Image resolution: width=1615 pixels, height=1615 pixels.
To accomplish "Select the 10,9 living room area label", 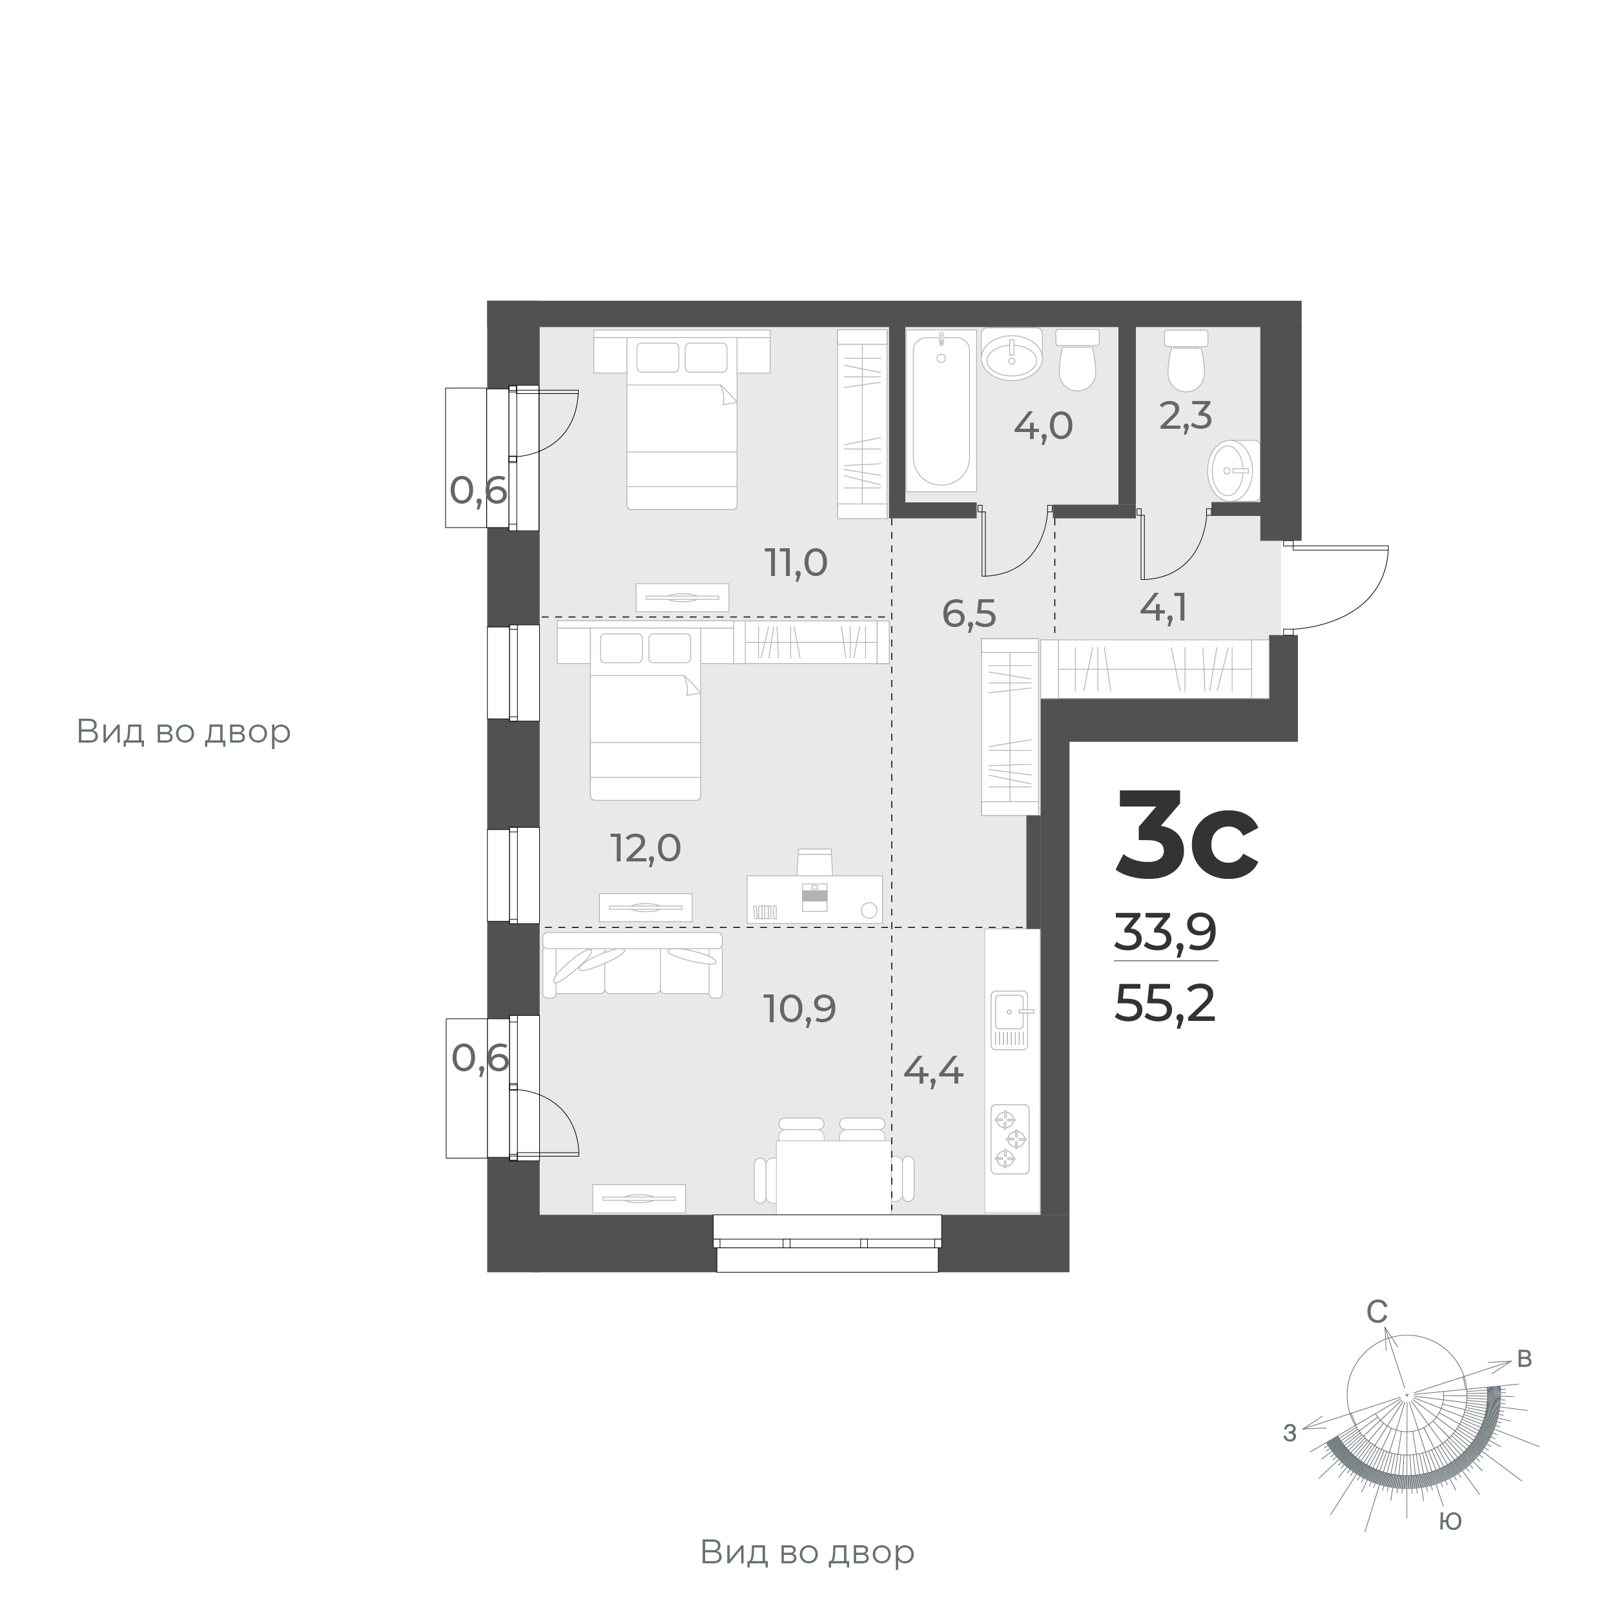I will pyautogui.click(x=799, y=1009).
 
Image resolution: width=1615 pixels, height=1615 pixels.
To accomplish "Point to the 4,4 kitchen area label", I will pyautogui.click(x=934, y=1071).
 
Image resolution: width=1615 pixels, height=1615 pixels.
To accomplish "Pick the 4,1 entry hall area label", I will pyautogui.click(x=1164, y=608).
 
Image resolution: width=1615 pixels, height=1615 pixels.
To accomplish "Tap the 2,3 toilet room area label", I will pyautogui.click(x=1186, y=415).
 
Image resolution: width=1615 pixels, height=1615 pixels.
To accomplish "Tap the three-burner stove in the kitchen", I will pyautogui.click(x=1011, y=1138).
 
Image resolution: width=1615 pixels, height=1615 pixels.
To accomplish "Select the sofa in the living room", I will pyautogui.click(x=632, y=965).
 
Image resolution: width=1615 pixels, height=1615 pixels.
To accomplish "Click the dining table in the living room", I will pyautogui.click(x=834, y=1176).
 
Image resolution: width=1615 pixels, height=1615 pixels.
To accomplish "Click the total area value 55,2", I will pyautogui.click(x=1164, y=1004).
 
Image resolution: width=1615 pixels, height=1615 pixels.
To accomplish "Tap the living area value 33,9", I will pyautogui.click(x=1164, y=933).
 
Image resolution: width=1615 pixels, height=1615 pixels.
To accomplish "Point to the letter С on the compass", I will pyautogui.click(x=1377, y=1312).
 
